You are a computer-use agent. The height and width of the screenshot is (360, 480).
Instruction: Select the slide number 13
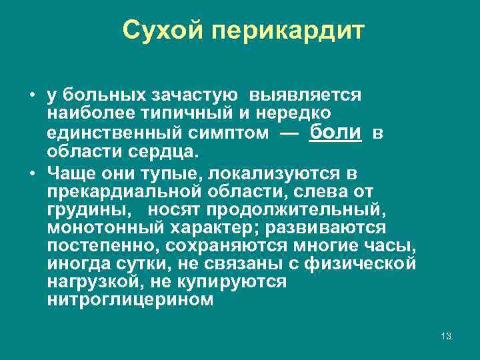coord(446,336)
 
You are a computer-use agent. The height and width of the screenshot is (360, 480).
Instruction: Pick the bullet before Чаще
coord(32,174)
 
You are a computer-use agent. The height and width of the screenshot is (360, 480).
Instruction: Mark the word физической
coord(360,264)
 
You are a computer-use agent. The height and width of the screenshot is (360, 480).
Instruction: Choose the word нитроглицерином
coord(131,300)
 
